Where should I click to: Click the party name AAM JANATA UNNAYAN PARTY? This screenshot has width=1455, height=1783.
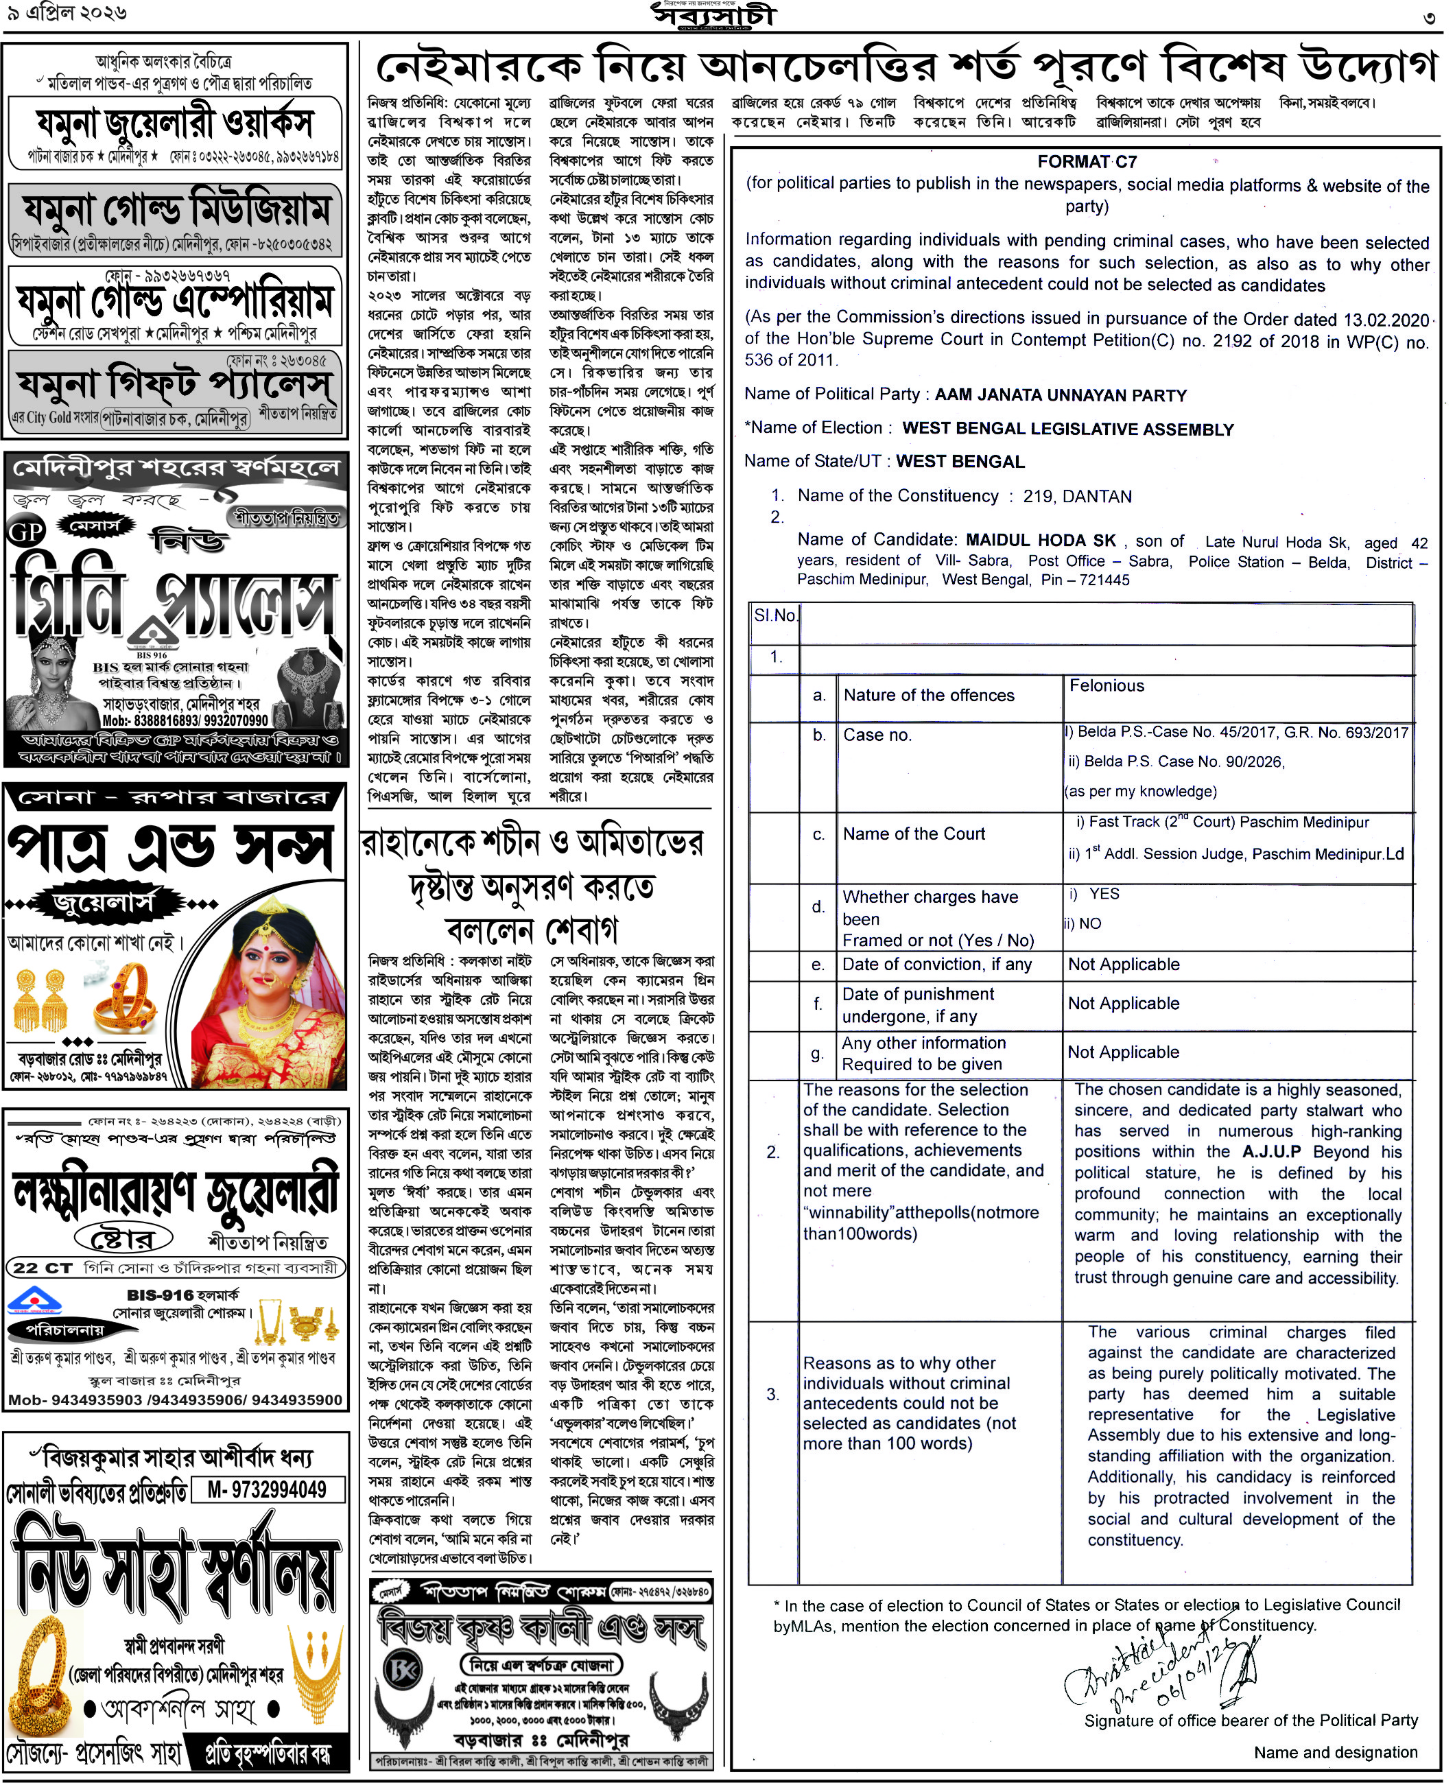tap(1061, 395)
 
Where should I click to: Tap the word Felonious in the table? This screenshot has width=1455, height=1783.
tap(1107, 686)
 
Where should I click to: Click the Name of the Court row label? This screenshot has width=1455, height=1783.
tap(914, 834)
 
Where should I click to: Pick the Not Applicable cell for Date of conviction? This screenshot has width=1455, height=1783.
tap(1123, 964)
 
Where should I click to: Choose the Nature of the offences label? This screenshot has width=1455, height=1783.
tap(929, 695)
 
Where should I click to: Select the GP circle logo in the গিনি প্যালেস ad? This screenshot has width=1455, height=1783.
tap(26, 532)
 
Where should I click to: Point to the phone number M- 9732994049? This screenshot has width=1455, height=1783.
tap(268, 1489)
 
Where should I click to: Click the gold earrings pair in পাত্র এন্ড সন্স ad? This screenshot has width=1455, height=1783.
tap(40, 1000)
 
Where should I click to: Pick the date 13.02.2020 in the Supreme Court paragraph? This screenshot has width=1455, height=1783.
tap(1386, 320)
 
